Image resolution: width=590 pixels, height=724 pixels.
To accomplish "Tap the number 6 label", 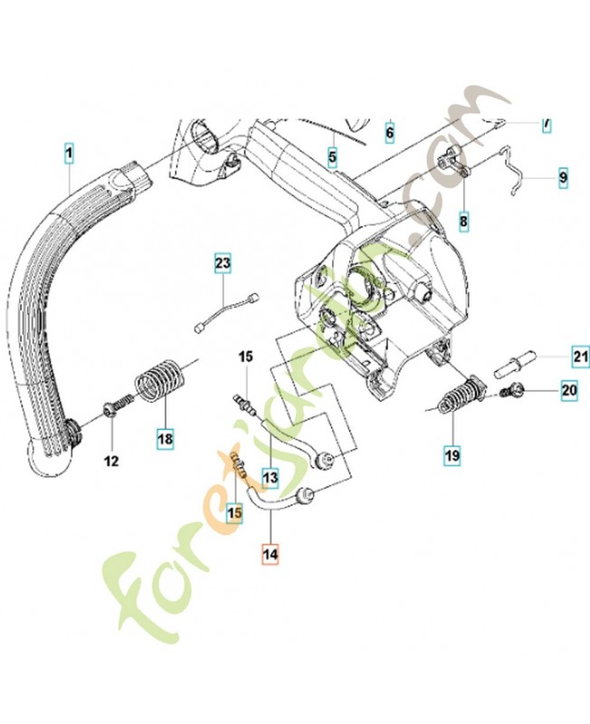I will click(x=390, y=132).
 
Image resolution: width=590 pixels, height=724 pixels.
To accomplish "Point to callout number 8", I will click(x=463, y=220).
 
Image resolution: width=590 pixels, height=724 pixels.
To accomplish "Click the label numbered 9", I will click(x=562, y=177).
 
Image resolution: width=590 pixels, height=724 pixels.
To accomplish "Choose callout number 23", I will click(x=223, y=264).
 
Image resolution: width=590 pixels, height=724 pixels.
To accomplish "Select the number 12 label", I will click(x=110, y=461).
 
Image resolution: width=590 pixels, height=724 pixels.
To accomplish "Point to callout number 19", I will click(x=451, y=455).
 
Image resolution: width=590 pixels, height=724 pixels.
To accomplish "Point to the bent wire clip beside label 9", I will click(x=517, y=175).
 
